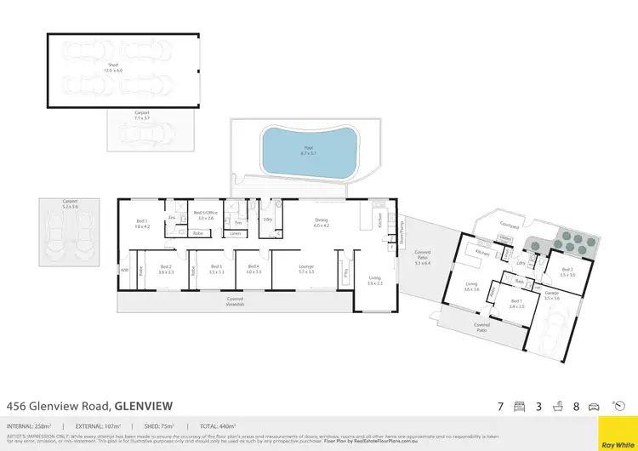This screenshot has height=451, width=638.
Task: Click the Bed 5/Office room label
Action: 205,214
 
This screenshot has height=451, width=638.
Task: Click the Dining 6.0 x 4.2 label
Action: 320,223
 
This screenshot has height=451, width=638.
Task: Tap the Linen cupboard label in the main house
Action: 236,232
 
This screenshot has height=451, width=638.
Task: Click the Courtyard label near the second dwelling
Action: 510,225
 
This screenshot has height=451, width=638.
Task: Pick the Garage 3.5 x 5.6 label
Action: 553,296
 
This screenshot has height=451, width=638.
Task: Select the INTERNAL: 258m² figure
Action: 30,425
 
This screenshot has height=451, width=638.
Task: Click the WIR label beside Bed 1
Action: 123,271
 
